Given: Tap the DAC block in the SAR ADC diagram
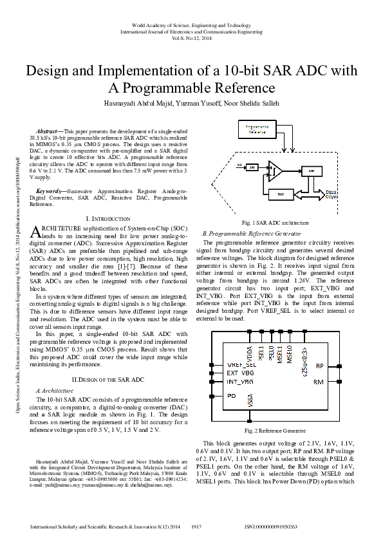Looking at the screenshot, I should point(281,193).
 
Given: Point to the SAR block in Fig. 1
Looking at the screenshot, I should point(312,171).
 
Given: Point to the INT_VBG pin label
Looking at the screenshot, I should point(240,381).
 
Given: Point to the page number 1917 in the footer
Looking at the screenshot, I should point(197,527).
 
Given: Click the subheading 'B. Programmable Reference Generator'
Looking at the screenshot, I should point(251,233).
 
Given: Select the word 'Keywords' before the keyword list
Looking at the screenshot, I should point(50,192).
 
